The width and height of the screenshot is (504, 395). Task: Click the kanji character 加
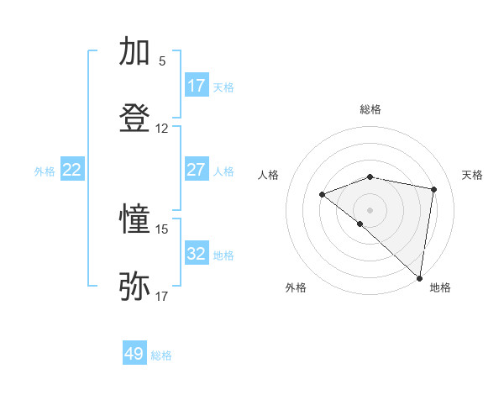coord(135,52)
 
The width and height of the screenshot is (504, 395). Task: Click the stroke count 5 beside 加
coord(162,61)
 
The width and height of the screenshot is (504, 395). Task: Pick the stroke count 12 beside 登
coord(162,129)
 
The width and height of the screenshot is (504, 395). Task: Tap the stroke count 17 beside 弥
coord(162,296)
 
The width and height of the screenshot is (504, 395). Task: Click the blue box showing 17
coord(197,86)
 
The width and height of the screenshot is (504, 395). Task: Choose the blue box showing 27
coord(197,170)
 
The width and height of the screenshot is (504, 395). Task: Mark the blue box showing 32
coord(197,254)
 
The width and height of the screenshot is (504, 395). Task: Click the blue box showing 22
coord(72,170)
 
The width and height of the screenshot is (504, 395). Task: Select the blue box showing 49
coord(134,354)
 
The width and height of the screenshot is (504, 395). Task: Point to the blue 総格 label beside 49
coord(161,355)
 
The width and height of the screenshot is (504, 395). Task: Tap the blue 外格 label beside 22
coord(45,171)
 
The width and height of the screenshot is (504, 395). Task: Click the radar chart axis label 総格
coord(370,109)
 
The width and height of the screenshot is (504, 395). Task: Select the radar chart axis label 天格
coord(473,175)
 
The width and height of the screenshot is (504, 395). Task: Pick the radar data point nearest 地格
coord(419,277)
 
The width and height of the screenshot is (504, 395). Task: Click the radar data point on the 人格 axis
coord(322,195)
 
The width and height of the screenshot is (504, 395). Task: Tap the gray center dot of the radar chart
coord(370,209)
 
